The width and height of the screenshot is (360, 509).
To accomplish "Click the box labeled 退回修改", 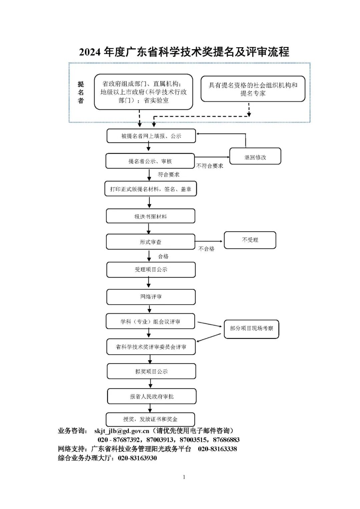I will [255, 157].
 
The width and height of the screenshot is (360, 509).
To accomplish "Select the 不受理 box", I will [250, 240].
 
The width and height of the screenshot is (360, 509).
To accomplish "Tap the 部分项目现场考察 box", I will [251, 329].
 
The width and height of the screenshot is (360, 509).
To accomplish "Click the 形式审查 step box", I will [150, 242].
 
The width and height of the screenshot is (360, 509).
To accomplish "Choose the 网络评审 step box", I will [151, 297].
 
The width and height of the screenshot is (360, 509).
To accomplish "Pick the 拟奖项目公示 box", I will [151, 371].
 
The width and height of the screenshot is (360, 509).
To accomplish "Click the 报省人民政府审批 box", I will [152, 396].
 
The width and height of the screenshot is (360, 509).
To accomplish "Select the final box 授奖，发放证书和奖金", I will [150, 419].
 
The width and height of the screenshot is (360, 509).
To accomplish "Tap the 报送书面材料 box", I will [150, 216].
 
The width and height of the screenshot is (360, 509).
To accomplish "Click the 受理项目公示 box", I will [151, 270].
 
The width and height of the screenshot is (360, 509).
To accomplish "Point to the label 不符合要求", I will [210, 166].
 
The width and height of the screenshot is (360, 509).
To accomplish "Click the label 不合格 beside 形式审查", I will [206, 249].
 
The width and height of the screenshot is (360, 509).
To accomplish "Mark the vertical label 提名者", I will [81, 92].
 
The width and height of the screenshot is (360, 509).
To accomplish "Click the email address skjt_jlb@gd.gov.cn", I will [122, 431].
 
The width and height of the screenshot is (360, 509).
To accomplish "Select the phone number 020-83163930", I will [137, 458].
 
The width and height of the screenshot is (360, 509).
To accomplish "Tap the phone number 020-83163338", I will [217, 449].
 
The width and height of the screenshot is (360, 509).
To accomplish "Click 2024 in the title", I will [90, 52].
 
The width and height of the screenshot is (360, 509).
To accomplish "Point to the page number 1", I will [184, 477].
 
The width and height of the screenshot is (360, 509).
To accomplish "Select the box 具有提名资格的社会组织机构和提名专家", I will [253, 89].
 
